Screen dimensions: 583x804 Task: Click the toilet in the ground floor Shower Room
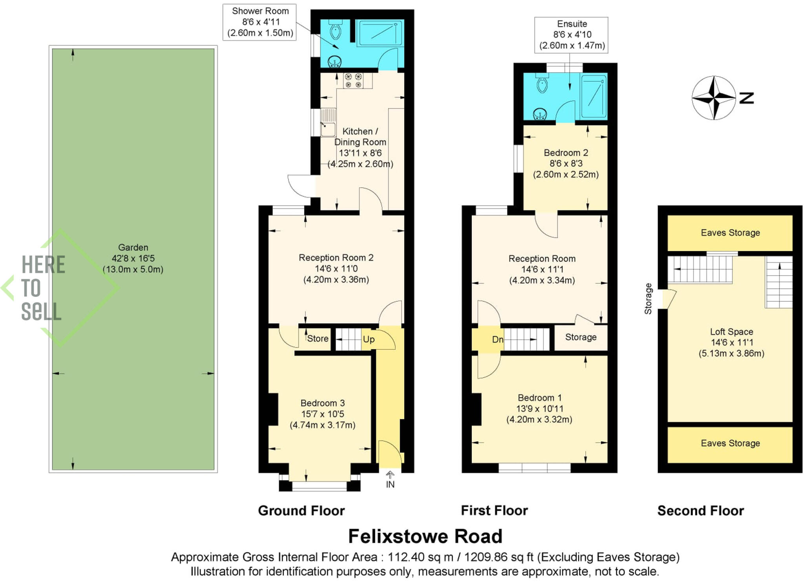(x=335, y=31)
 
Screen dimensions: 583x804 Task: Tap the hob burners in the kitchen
(x=353, y=80)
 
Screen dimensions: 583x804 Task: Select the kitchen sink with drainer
(x=328, y=122)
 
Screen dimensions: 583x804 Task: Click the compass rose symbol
(x=713, y=98)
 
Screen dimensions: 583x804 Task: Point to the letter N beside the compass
(x=746, y=98)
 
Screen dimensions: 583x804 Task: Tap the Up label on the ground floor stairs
(x=368, y=339)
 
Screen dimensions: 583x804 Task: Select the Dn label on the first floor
(x=497, y=339)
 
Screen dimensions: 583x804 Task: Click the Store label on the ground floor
(x=318, y=338)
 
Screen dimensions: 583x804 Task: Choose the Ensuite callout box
(x=571, y=35)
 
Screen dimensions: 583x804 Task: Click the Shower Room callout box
(x=260, y=22)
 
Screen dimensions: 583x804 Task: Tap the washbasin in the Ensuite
(x=540, y=114)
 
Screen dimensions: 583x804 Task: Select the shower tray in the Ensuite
(x=594, y=96)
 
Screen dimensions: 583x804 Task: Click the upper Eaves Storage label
(x=730, y=233)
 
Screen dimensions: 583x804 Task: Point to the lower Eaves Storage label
(x=730, y=443)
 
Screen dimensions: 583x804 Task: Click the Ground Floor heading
(x=301, y=510)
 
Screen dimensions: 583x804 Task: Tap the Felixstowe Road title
(x=425, y=536)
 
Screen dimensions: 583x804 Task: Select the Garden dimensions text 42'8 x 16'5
(x=133, y=258)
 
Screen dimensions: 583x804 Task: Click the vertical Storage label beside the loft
(x=648, y=298)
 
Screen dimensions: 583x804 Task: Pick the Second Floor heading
(x=700, y=510)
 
